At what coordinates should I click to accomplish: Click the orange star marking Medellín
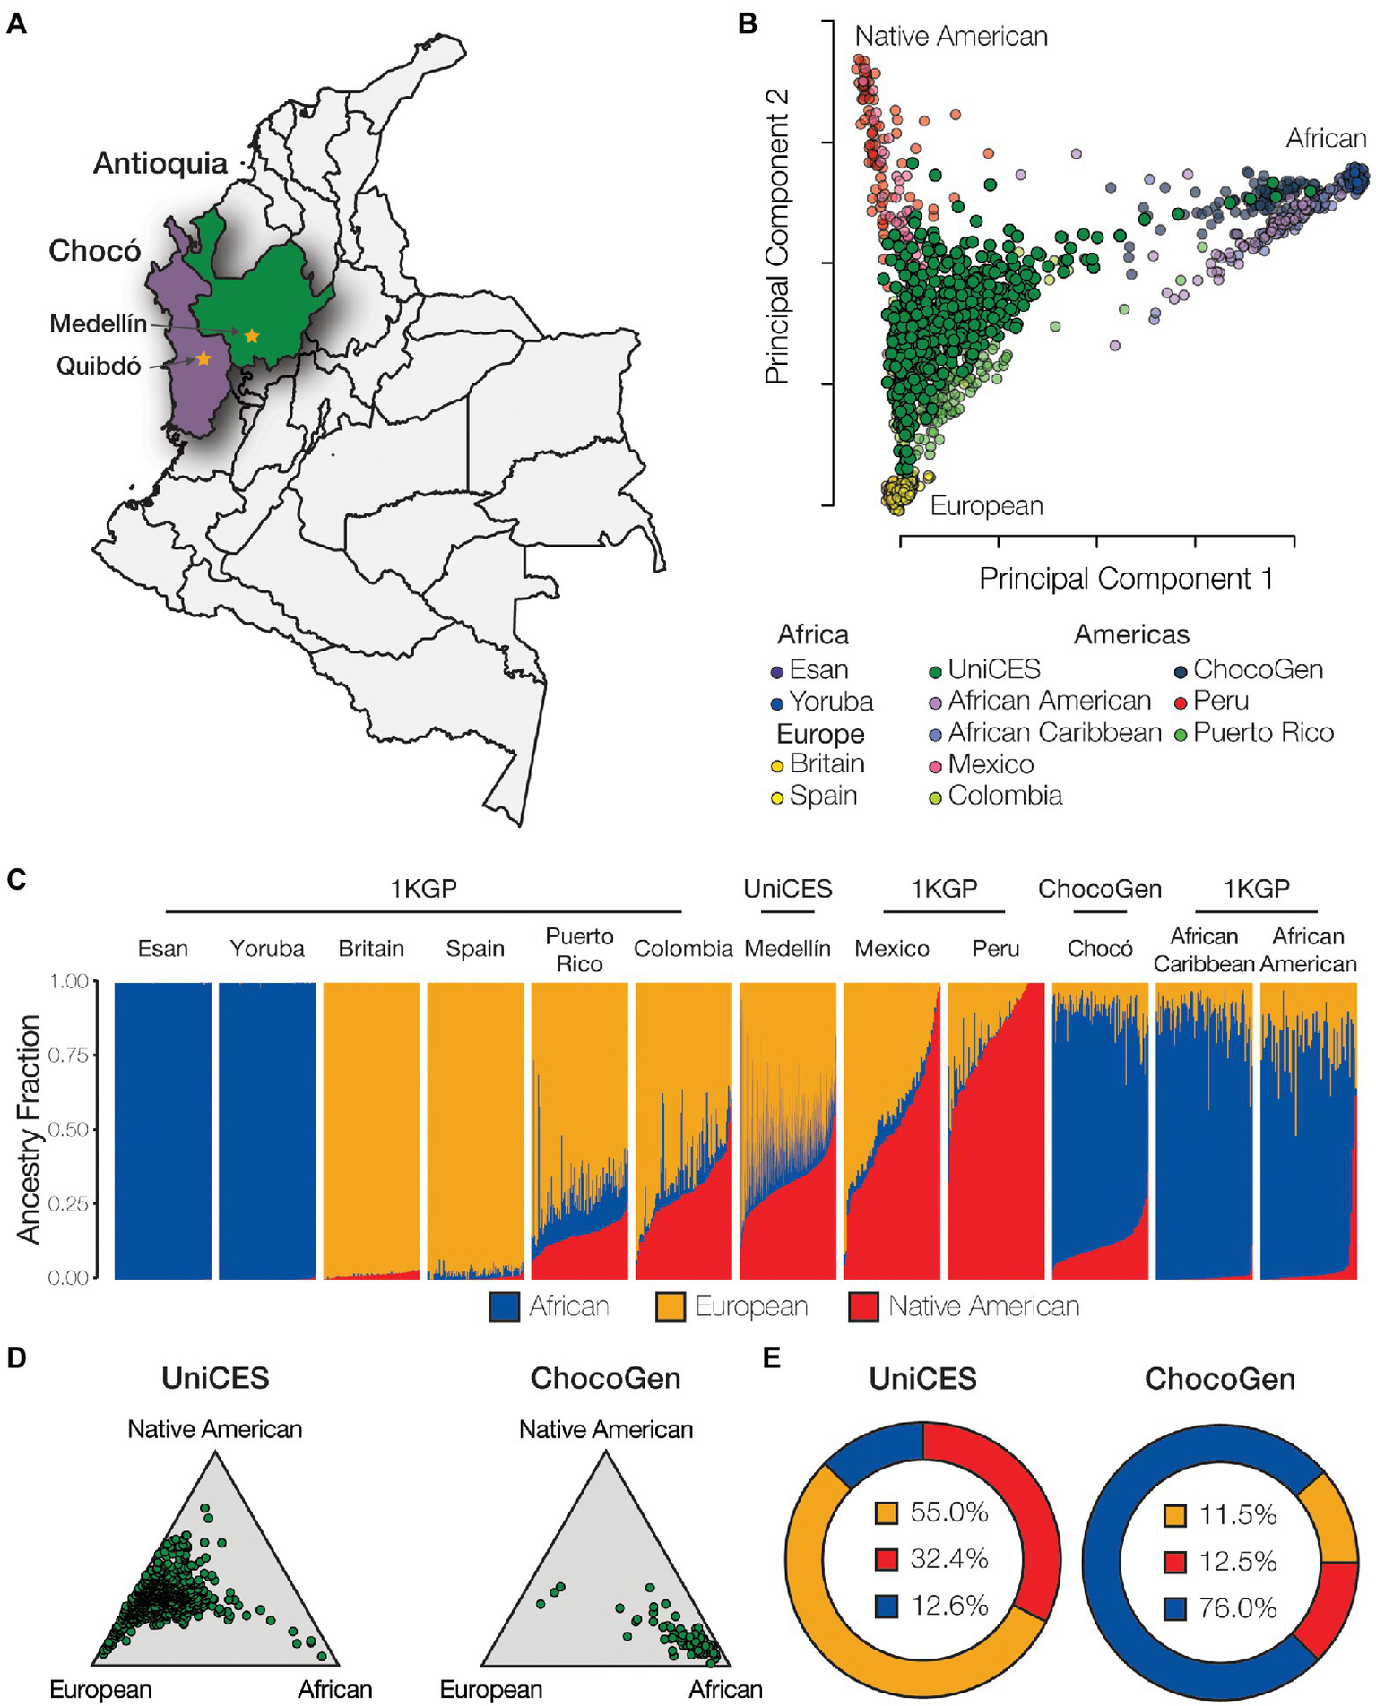click(252, 336)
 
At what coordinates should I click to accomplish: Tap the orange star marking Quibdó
click(203, 358)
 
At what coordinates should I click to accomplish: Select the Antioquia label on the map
click(160, 163)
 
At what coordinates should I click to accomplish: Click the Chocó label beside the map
click(94, 251)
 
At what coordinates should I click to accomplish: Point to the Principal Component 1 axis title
click(1126, 579)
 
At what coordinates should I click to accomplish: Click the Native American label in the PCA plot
click(950, 37)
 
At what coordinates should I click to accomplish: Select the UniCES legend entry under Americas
click(993, 669)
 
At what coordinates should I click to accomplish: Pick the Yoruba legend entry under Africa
click(830, 702)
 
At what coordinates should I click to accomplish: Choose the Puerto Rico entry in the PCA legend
click(1263, 733)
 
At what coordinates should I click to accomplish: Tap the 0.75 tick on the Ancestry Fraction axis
click(70, 1055)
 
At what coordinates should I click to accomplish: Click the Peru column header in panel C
click(995, 948)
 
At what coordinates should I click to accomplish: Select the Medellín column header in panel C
click(787, 948)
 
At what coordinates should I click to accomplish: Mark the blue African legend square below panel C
click(505, 1306)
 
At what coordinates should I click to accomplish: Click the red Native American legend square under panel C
click(862, 1306)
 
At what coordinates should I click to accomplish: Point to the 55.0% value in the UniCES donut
click(948, 1513)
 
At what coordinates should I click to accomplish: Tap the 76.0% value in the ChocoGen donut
click(1237, 1608)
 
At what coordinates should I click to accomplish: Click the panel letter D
click(16, 1357)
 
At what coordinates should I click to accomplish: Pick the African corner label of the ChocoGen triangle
click(724, 1690)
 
